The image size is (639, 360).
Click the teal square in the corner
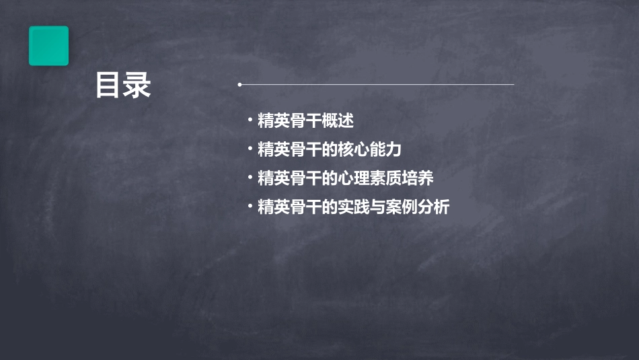click(48, 46)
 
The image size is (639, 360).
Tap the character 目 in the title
click(108, 85)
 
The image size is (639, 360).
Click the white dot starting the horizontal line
click(239, 85)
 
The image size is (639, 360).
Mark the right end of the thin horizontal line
click(513, 85)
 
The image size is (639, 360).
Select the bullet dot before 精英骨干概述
click(250, 121)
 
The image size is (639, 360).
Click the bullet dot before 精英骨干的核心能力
click(250, 149)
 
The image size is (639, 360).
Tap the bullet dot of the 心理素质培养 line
click(250, 178)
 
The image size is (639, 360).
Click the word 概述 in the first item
click(338, 121)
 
